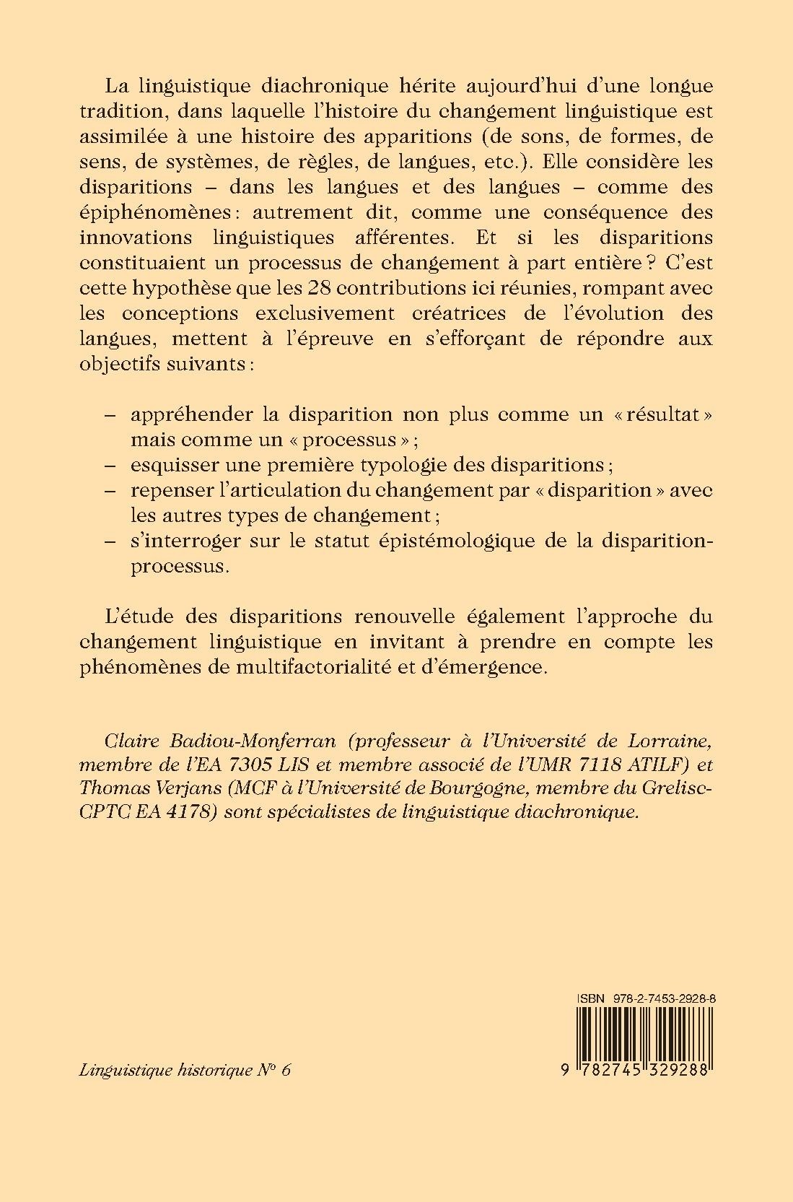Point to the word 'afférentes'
click(404, 238)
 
